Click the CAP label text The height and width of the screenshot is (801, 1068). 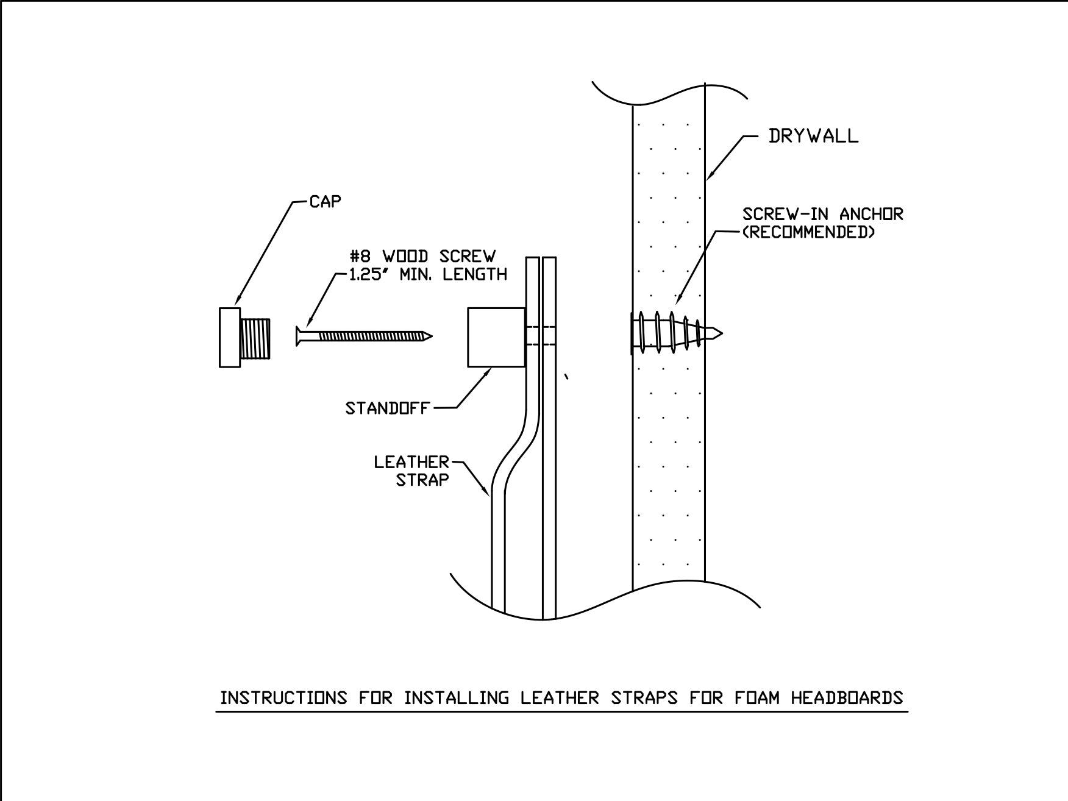(326, 202)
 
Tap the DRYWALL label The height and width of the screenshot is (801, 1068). (813, 136)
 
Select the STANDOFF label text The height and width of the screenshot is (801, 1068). (387, 408)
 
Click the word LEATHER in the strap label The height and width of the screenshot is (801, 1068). (411, 462)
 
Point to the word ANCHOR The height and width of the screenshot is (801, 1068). (871, 214)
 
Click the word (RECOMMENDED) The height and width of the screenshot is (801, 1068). (808, 232)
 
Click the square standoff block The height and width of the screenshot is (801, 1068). (496, 337)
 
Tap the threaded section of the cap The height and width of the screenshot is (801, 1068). (256, 338)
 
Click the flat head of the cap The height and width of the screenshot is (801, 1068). (229, 338)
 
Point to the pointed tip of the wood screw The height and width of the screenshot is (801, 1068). (429, 336)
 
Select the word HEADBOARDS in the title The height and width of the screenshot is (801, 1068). (847, 697)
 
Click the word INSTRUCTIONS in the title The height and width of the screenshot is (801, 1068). (283, 697)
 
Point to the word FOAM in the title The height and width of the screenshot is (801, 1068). (757, 697)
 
